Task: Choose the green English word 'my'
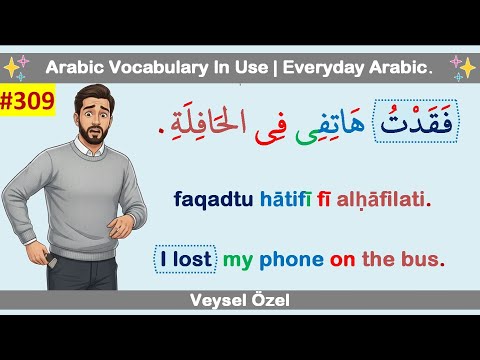tap(237, 260)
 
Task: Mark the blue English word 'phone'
tap(290, 259)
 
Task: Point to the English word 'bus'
tap(420, 259)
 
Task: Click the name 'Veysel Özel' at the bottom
tap(239, 299)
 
